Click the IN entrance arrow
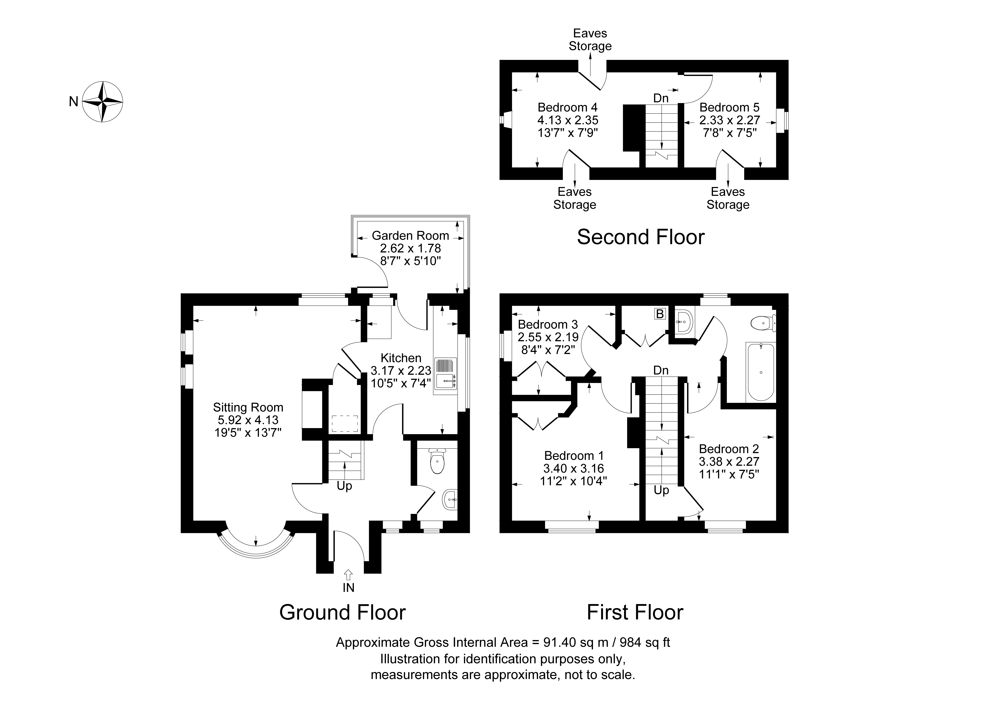[348, 574]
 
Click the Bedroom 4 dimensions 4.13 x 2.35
[567, 120]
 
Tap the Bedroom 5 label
[729, 107]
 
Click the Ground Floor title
[342, 612]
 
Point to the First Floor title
[635, 612]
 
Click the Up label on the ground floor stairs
[344, 486]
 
